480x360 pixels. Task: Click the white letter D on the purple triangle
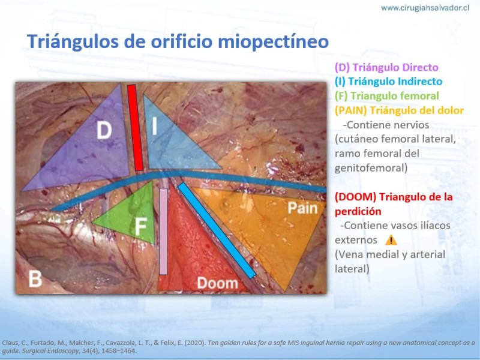tap(104, 130)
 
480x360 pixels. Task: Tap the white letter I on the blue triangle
tap(155, 125)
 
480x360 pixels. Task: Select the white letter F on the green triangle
tap(141, 227)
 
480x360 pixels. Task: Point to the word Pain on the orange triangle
tap(302, 208)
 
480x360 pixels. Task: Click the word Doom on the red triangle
tap(218, 283)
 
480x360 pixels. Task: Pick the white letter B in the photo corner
tap(35, 279)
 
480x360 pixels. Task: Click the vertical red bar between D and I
tap(136, 128)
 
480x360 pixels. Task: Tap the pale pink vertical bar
tap(163, 231)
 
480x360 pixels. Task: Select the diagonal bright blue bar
tap(217, 230)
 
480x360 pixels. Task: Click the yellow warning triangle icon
tap(391, 240)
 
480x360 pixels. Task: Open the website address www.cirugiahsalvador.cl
tap(425, 8)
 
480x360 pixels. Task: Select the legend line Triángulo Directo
tap(386, 67)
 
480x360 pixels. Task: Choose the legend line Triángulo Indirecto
tap(388, 82)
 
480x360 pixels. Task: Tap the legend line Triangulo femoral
tap(386, 96)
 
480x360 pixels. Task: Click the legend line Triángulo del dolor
tap(399, 110)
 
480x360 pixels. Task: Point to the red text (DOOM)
tap(355, 197)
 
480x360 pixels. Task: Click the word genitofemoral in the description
tap(371, 168)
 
